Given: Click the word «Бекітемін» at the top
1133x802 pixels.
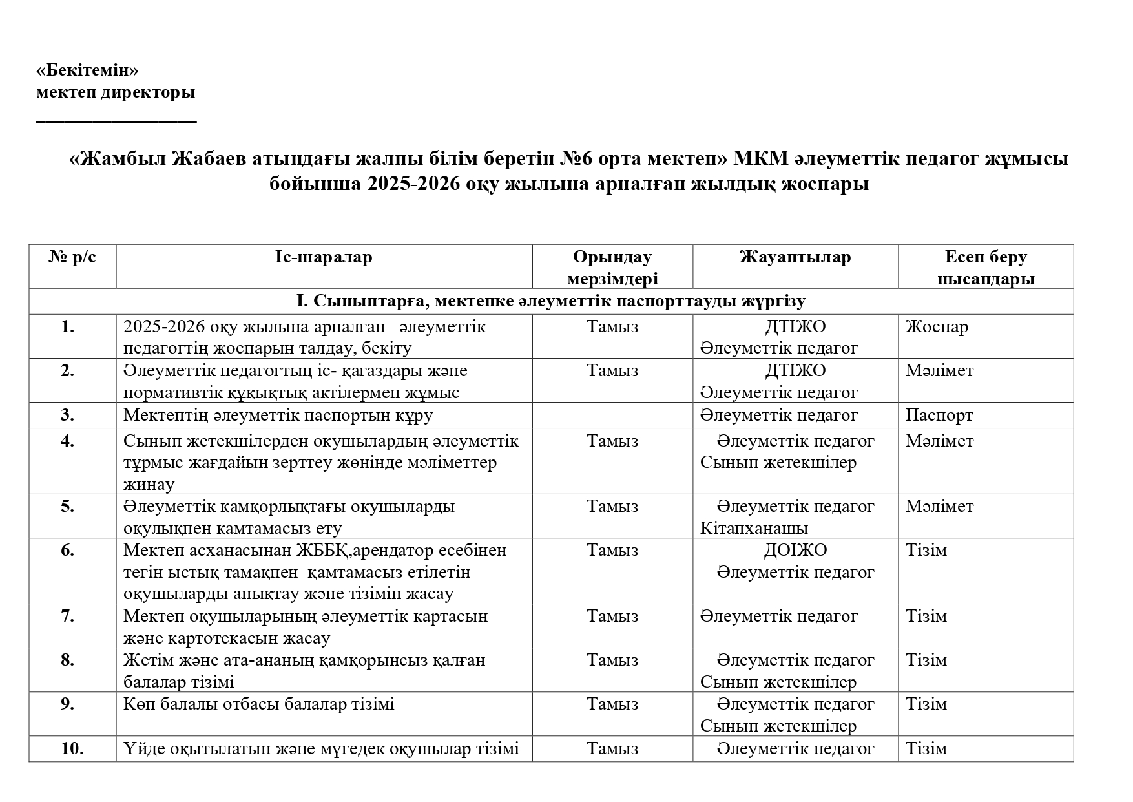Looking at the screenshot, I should pyautogui.click(x=87, y=70).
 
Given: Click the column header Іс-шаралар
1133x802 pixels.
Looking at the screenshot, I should pyautogui.click(x=324, y=257).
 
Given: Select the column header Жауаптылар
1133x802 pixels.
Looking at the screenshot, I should pyautogui.click(x=795, y=257).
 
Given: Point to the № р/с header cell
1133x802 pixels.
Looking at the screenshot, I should pyautogui.click(x=72, y=257).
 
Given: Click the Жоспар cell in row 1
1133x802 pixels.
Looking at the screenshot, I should pyautogui.click(x=937, y=327).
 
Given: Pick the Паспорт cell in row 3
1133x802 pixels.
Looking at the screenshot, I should pyautogui.click(x=939, y=415).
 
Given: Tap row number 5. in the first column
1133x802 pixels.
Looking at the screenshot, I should pyautogui.click(x=68, y=506).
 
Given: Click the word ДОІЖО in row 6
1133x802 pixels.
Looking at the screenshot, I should pyautogui.click(x=795, y=550).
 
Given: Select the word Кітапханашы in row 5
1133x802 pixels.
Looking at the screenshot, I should pyautogui.click(x=754, y=528).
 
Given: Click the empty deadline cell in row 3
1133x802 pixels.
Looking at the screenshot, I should pyautogui.click(x=612, y=415).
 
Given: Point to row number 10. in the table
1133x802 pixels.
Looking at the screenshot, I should pyautogui.click(x=72, y=748).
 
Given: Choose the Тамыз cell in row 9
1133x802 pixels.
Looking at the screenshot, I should pyautogui.click(x=612, y=704).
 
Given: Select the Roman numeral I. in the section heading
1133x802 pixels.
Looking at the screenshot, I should pyautogui.click(x=303, y=301).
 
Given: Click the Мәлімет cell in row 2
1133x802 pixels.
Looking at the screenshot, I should pyautogui.click(x=939, y=371).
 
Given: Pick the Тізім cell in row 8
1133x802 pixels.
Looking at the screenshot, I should pyautogui.click(x=926, y=660).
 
